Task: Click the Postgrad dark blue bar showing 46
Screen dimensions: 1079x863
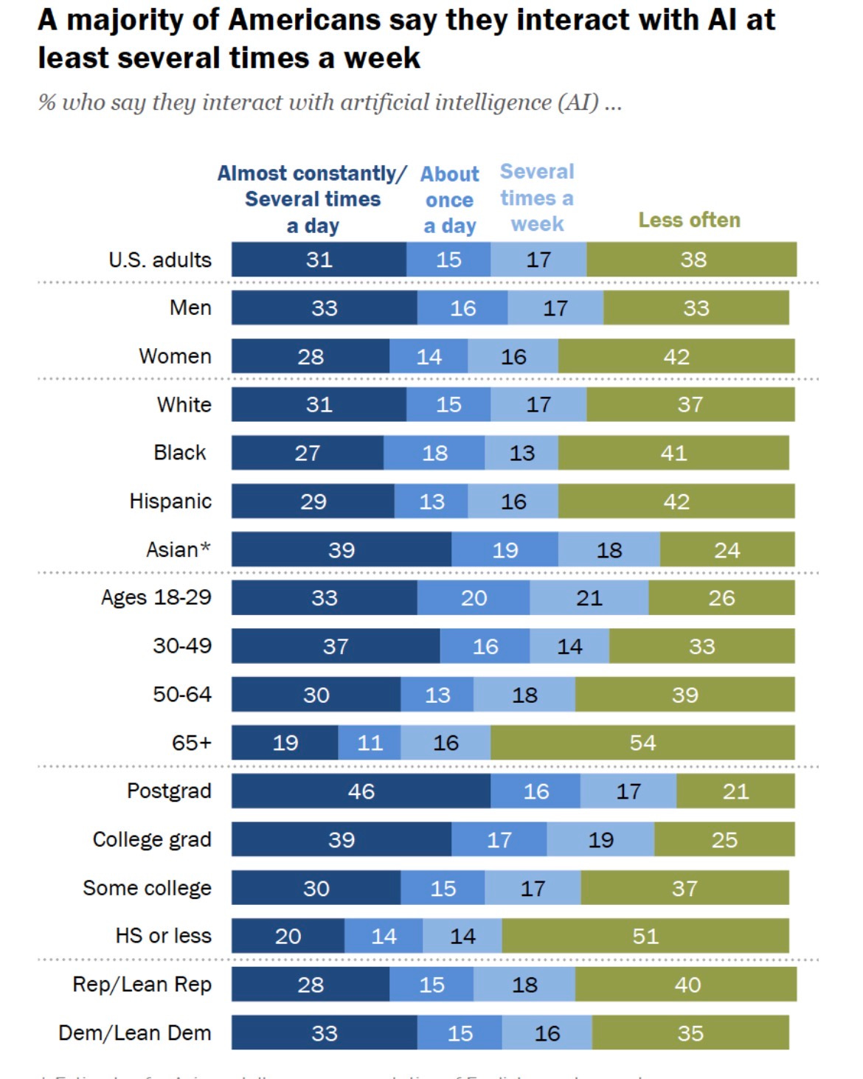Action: coord(361,791)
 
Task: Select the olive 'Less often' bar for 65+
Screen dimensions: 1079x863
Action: coord(642,743)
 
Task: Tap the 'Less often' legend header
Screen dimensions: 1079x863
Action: coord(689,220)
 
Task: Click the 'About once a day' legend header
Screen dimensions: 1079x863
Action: coord(449,200)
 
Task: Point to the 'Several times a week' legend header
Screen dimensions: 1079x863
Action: coord(537,198)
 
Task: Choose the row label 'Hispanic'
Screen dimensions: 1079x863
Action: coord(170,502)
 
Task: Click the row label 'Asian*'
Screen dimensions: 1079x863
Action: coord(178,549)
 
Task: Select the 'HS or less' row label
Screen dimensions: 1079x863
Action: coord(163,936)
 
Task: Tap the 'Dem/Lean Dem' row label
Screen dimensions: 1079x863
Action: coord(135,1033)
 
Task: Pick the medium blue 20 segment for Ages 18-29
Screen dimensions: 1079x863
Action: coord(474,597)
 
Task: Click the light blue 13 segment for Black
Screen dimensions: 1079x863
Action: coord(521,453)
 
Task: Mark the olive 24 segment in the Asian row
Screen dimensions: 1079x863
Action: coord(727,550)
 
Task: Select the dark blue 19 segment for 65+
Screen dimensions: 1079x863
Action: coord(285,743)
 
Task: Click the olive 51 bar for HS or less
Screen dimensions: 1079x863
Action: coord(645,936)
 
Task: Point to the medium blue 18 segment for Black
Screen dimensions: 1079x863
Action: coord(434,453)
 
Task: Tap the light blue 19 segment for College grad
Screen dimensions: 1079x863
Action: coord(600,839)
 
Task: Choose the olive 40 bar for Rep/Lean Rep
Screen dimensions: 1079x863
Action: coord(687,985)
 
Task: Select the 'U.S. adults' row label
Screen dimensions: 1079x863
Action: coord(159,260)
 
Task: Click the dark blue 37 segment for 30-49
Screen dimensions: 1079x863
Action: coord(336,646)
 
